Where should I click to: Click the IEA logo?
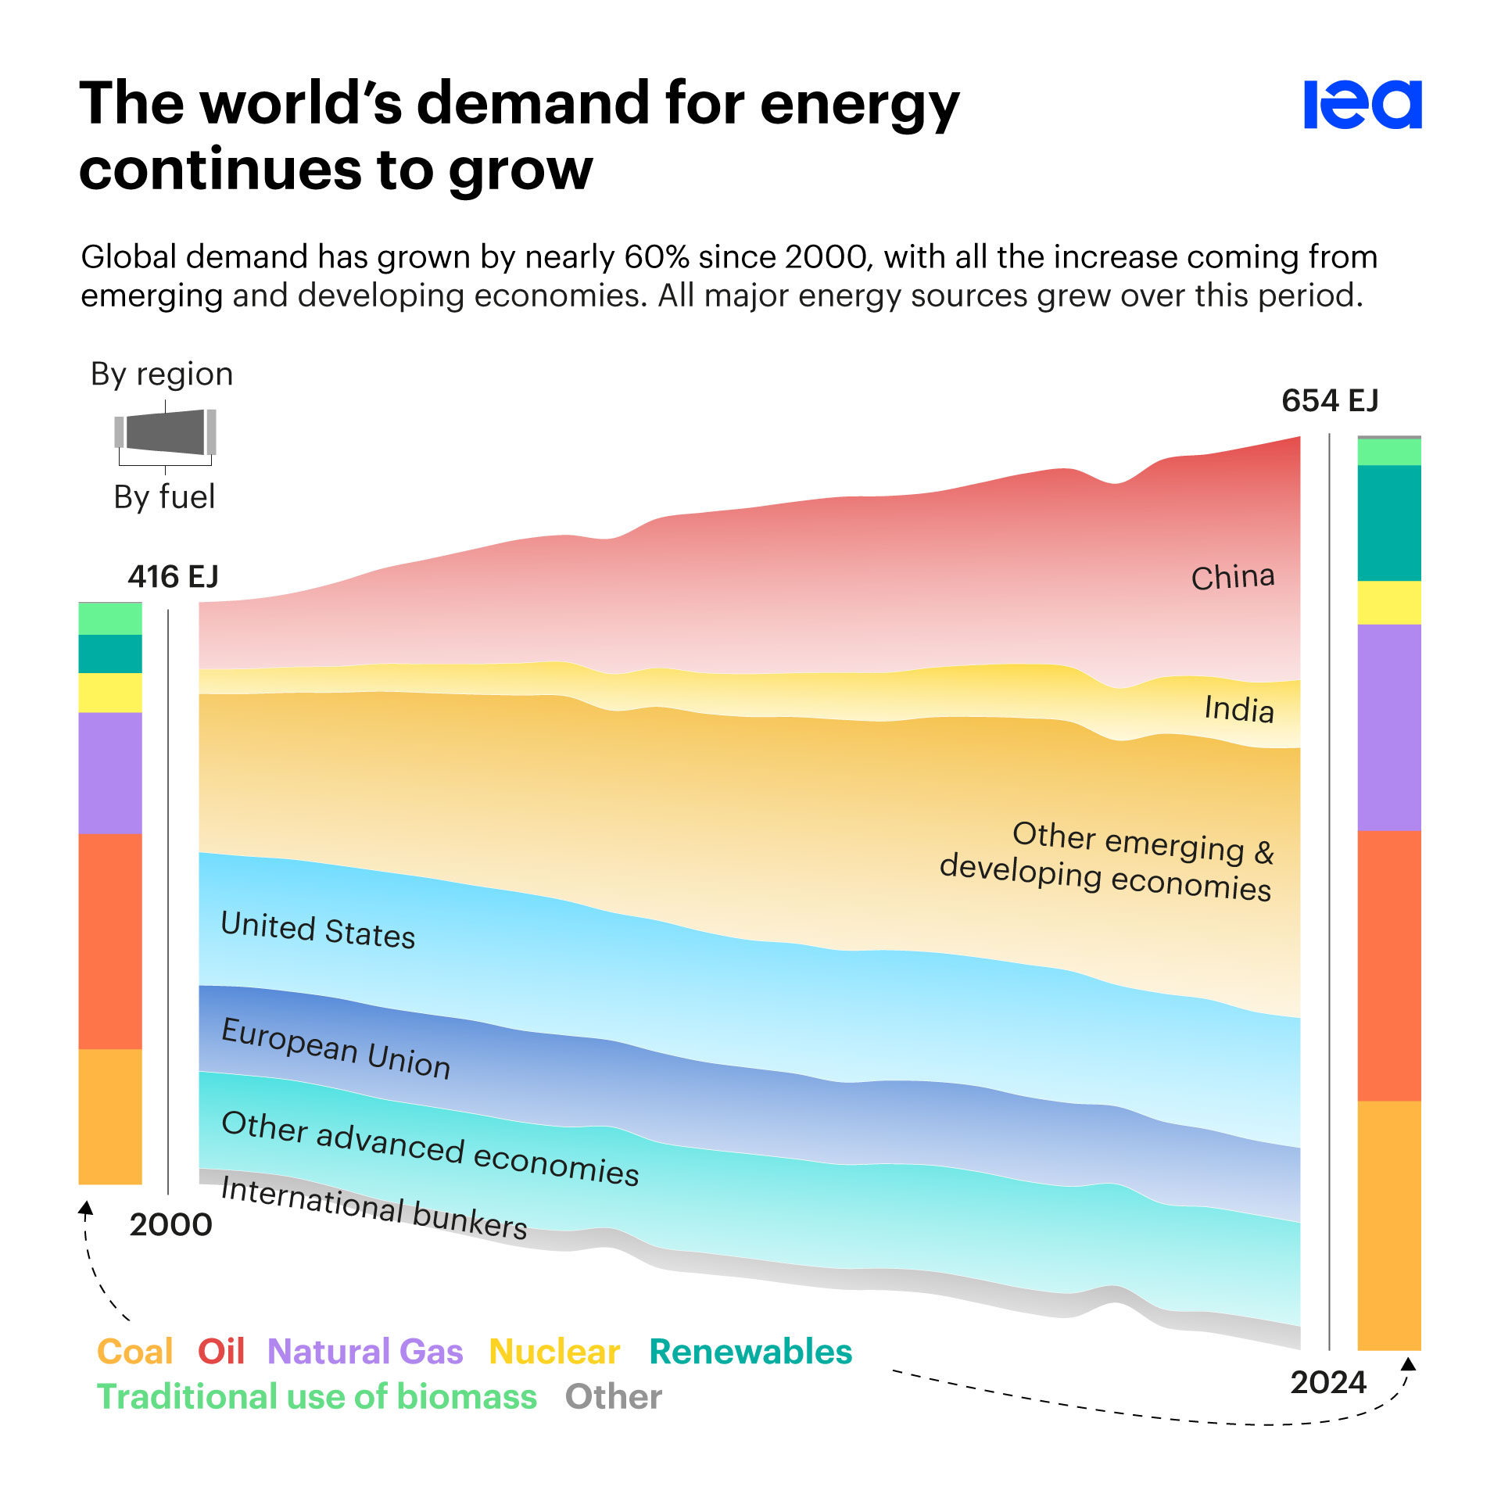1362,104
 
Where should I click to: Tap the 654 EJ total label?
1329,400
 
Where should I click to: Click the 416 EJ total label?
173,576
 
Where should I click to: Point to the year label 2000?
170,1224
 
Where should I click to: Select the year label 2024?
1327,1382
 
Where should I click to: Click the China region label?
1232,578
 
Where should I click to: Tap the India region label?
1238,709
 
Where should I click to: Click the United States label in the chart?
317,930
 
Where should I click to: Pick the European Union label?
335,1048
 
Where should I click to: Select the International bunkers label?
374,1208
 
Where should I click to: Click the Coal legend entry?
134,1352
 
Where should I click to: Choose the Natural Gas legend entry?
365,1352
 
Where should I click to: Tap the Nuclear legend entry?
554,1352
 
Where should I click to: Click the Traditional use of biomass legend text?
317,1396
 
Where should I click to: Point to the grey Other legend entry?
613,1396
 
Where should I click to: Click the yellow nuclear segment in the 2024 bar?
1388,602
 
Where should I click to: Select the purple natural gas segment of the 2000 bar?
110,772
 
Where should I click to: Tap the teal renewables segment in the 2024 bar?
1388,522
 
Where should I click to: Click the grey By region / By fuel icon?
165,432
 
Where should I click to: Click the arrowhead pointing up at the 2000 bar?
86,1209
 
